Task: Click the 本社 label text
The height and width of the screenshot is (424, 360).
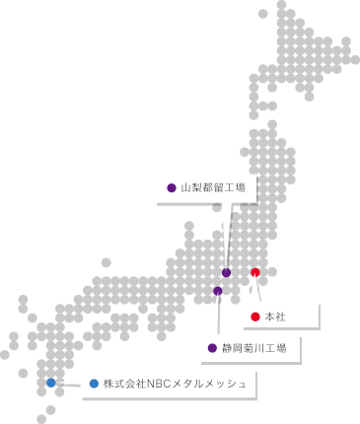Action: (x=275, y=317)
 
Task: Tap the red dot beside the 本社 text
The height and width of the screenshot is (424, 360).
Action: (x=255, y=317)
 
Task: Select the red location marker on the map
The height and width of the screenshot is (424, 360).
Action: (x=255, y=272)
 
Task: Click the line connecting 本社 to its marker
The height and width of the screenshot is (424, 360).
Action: (x=259, y=290)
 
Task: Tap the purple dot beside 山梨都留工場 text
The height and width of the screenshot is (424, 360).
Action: (x=172, y=187)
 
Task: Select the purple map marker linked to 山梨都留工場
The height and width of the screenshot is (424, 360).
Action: (x=227, y=273)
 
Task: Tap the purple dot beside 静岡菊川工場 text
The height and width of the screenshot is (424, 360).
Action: (x=212, y=348)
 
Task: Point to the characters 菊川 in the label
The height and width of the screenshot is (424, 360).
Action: (x=253, y=348)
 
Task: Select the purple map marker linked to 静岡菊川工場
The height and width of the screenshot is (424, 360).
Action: (x=218, y=291)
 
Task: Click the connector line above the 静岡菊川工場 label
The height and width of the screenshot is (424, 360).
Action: (x=218, y=316)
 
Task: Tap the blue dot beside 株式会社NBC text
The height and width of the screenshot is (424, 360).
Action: (x=94, y=384)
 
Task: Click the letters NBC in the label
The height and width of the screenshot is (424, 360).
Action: (x=160, y=384)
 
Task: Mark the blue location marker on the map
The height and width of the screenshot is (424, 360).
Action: (x=51, y=383)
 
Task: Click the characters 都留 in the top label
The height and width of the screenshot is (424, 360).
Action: (x=213, y=187)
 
